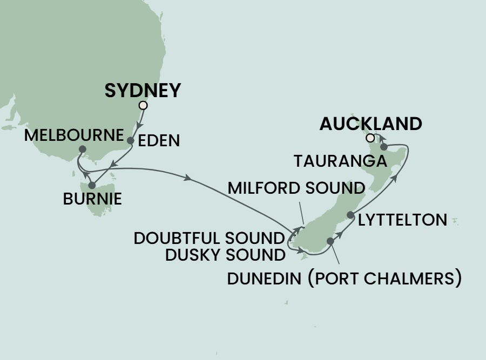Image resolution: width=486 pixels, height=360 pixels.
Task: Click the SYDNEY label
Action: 143,91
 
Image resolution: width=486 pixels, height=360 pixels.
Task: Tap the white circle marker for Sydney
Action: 143,105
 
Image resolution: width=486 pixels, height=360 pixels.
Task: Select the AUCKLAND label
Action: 370,124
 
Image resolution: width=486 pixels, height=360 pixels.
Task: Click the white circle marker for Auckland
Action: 370,138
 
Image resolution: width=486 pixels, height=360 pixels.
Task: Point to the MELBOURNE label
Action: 74,135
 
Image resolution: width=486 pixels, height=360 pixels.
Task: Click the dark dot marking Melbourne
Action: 82,150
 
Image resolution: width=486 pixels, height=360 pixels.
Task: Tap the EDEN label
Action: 159,141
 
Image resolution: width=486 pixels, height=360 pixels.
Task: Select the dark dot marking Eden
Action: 130,140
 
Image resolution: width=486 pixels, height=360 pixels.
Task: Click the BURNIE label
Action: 92,199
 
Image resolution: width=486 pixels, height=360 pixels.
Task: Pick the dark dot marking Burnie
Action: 92,185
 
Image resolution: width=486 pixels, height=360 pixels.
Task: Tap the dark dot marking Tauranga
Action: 383,147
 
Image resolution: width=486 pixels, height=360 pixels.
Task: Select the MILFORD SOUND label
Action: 296,188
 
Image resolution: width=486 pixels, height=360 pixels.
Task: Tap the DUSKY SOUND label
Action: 225,255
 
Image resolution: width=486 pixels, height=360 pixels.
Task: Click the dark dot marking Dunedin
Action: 329,241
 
